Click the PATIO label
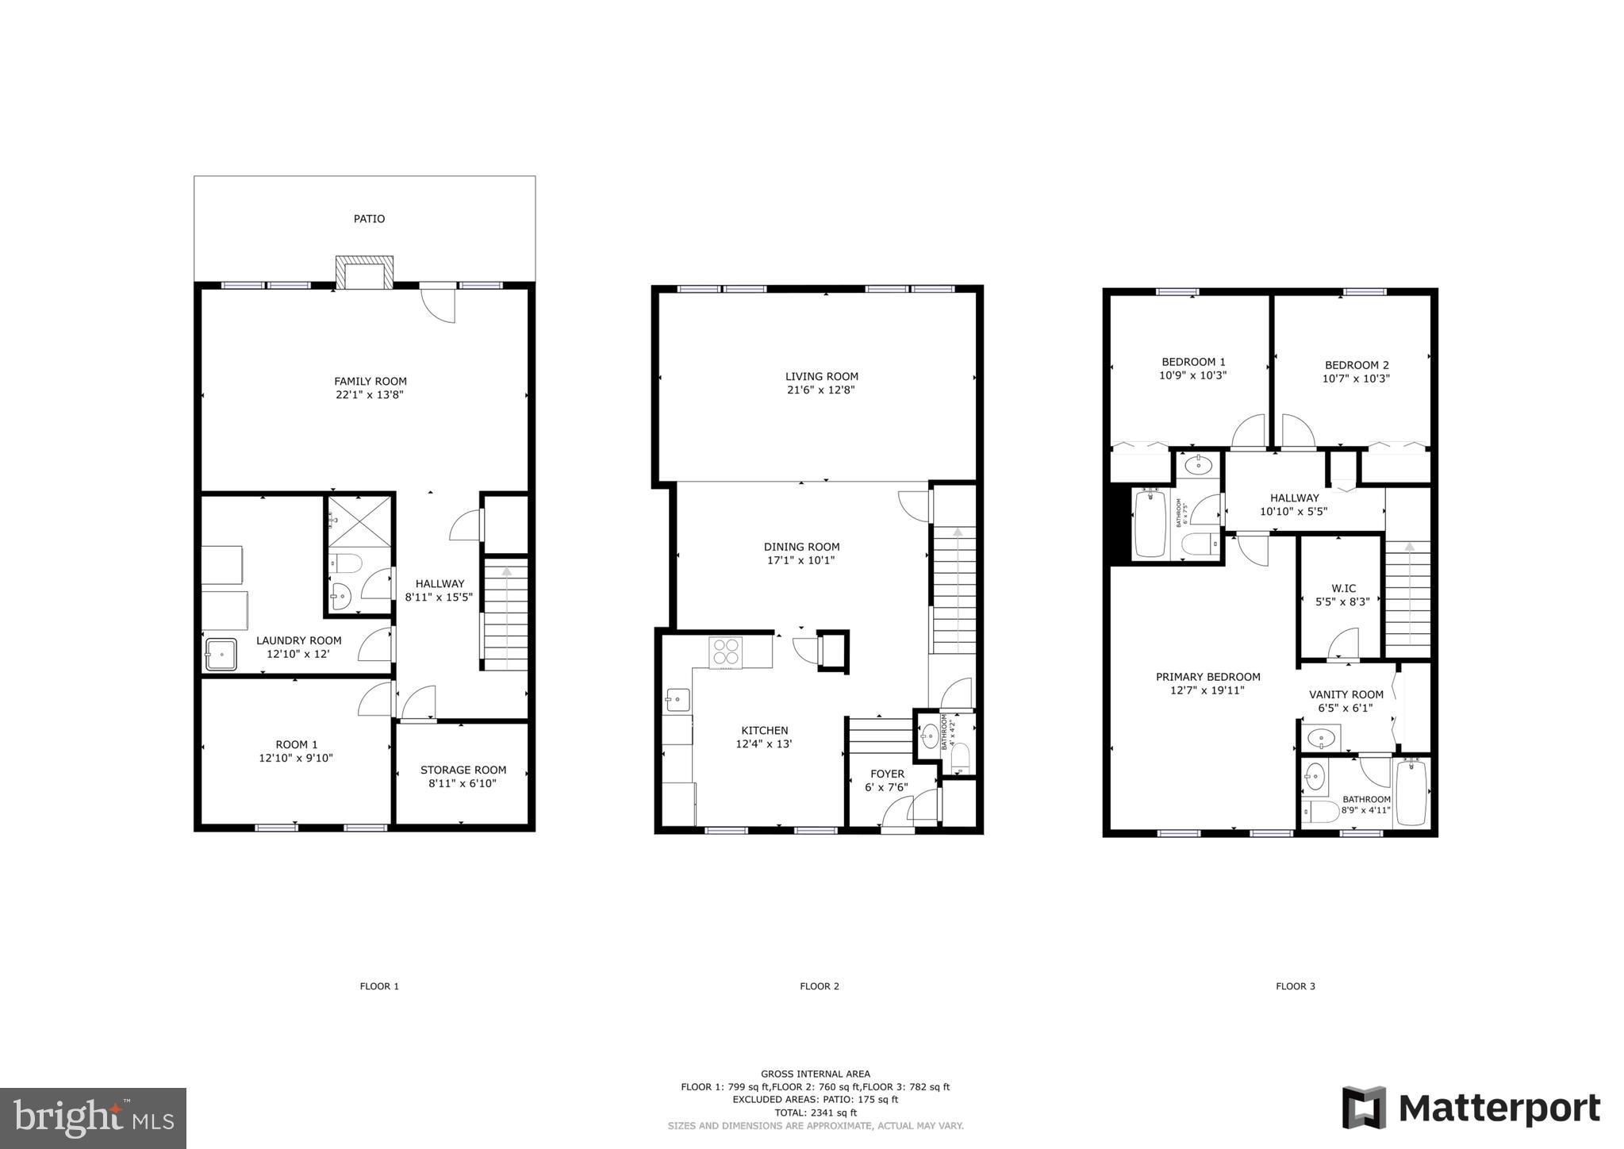click(369, 219)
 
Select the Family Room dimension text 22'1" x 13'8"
click(370, 394)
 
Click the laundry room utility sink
click(221, 655)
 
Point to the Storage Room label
click(463, 770)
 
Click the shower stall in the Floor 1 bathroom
click(360, 520)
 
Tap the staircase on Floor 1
click(505, 615)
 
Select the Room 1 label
click(297, 744)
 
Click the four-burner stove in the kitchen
click(726, 652)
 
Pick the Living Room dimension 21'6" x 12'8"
click(821, 390)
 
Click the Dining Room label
click(801, 547)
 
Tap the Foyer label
click(887, 774)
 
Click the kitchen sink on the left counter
click(678, 699)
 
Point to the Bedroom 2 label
click(1357, 366)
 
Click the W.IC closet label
click(1343, 589)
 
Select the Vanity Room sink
click(1321, 739)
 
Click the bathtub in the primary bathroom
click(1411, 793)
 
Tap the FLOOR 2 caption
click(819, 986)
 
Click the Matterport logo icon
click(1364, 1108)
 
